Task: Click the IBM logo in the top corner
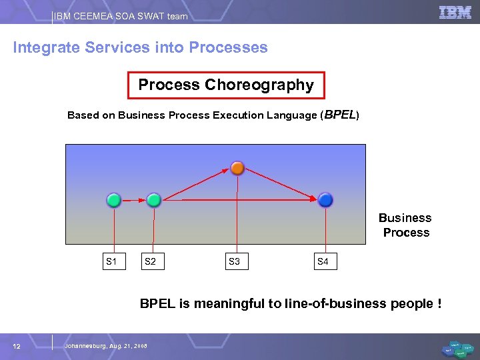point(455,13)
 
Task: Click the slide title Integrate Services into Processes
point(140,48)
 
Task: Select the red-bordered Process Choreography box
point(226,85)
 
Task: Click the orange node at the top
point(237,167)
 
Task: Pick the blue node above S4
point(325,199)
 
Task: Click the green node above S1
point(114,199)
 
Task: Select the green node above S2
point(154,199)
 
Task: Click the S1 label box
point(111,261)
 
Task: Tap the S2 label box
point(151,261)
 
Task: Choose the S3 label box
point(235,261)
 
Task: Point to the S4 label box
point(323,261)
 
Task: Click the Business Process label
point(405,225)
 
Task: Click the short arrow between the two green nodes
point(134,199)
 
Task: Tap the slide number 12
point(17,345)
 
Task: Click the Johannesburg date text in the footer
point(105,345)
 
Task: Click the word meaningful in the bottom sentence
point(229,304)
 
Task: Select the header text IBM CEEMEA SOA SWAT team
point(121,16)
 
